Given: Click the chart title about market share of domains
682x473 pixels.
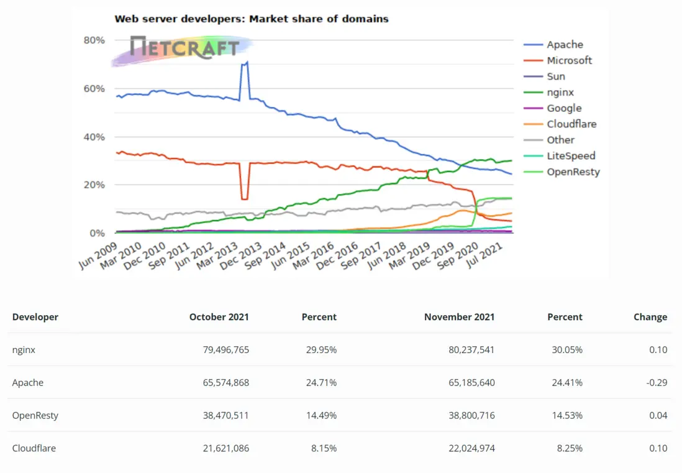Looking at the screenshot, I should (x=252, y=19).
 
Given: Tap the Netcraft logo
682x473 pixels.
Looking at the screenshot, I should (x=184, y=47).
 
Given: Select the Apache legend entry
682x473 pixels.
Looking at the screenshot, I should (x=565, y=45).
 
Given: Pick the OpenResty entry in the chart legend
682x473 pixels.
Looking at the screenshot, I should (x=573, y=172).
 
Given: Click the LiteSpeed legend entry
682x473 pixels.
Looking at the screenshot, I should (x=571, y=156).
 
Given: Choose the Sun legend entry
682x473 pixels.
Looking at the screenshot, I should (x=556, y=76).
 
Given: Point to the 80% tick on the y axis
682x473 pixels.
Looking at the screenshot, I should (x=94, y=40).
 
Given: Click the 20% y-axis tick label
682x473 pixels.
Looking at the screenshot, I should (x=94, y=185).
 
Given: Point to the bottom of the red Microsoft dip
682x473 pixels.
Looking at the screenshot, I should (x=244, y=199).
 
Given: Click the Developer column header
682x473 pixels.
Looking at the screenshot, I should (x=35, y=317).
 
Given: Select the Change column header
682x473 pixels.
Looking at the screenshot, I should (x=650, y=317).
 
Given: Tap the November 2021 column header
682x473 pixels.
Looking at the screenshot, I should (x=459, y=317).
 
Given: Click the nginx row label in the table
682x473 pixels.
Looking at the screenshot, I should (x=24, y=350).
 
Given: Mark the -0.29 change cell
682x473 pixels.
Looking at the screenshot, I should (x=657, y=383).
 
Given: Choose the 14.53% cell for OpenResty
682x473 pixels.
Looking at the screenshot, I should (x=568, y=416).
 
